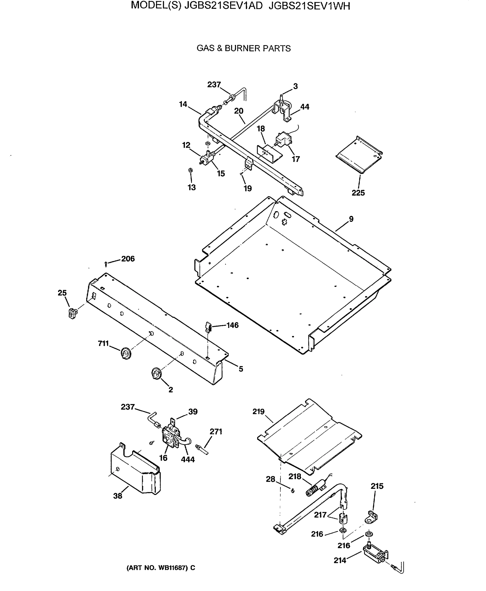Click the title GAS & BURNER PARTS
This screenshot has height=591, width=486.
pyautogui.click(x=243, y=49)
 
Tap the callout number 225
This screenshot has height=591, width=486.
pyautogui.click(x=358, y=193)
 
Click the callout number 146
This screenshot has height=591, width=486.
pyautogui.click(x=232, y=325)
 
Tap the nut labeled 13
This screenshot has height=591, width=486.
pyautogui.click(x=190, y=170)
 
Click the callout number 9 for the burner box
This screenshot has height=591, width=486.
pyautogui.click(x=351, y=219)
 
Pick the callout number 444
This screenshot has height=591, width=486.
pyautogui.click(x=187, y=460)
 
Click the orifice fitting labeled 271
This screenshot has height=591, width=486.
pyautogui.click(x=203, y=449)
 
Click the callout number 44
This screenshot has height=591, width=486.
pyautogui.click(x=305, y=107)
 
